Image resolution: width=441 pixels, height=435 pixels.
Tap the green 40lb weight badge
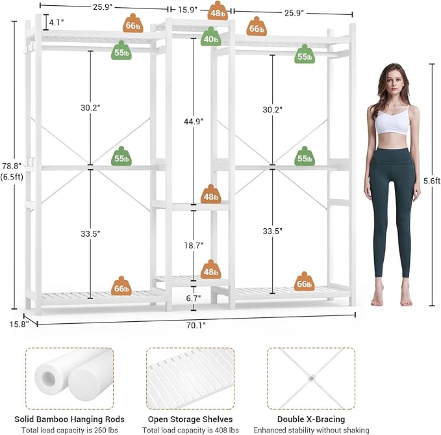point(210,38)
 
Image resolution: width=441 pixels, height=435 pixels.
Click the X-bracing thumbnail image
point(311,377)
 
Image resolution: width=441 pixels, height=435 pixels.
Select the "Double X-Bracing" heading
point(311,419)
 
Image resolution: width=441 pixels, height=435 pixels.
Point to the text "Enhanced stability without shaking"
point(311,430)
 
